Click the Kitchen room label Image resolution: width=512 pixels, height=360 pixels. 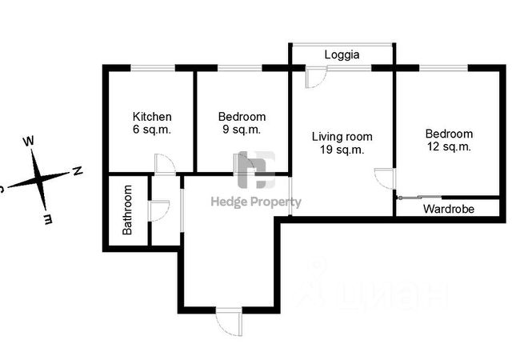152,116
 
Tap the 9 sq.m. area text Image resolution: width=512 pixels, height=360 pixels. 242,129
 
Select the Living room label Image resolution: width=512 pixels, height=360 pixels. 342,136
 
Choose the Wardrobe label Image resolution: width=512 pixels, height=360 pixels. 448,209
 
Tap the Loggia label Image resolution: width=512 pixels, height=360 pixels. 342,55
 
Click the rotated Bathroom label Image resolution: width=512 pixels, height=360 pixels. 127,210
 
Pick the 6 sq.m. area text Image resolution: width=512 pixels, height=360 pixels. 152,129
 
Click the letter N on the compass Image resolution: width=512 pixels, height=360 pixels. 78,170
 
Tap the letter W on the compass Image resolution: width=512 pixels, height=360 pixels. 29,142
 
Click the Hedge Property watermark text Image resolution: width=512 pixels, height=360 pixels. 255,202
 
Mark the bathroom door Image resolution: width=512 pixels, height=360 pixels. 159,210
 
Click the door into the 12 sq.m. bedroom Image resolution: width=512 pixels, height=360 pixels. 385,178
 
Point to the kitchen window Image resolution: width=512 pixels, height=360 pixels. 153,68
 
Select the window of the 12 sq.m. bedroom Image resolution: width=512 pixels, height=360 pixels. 444,68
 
